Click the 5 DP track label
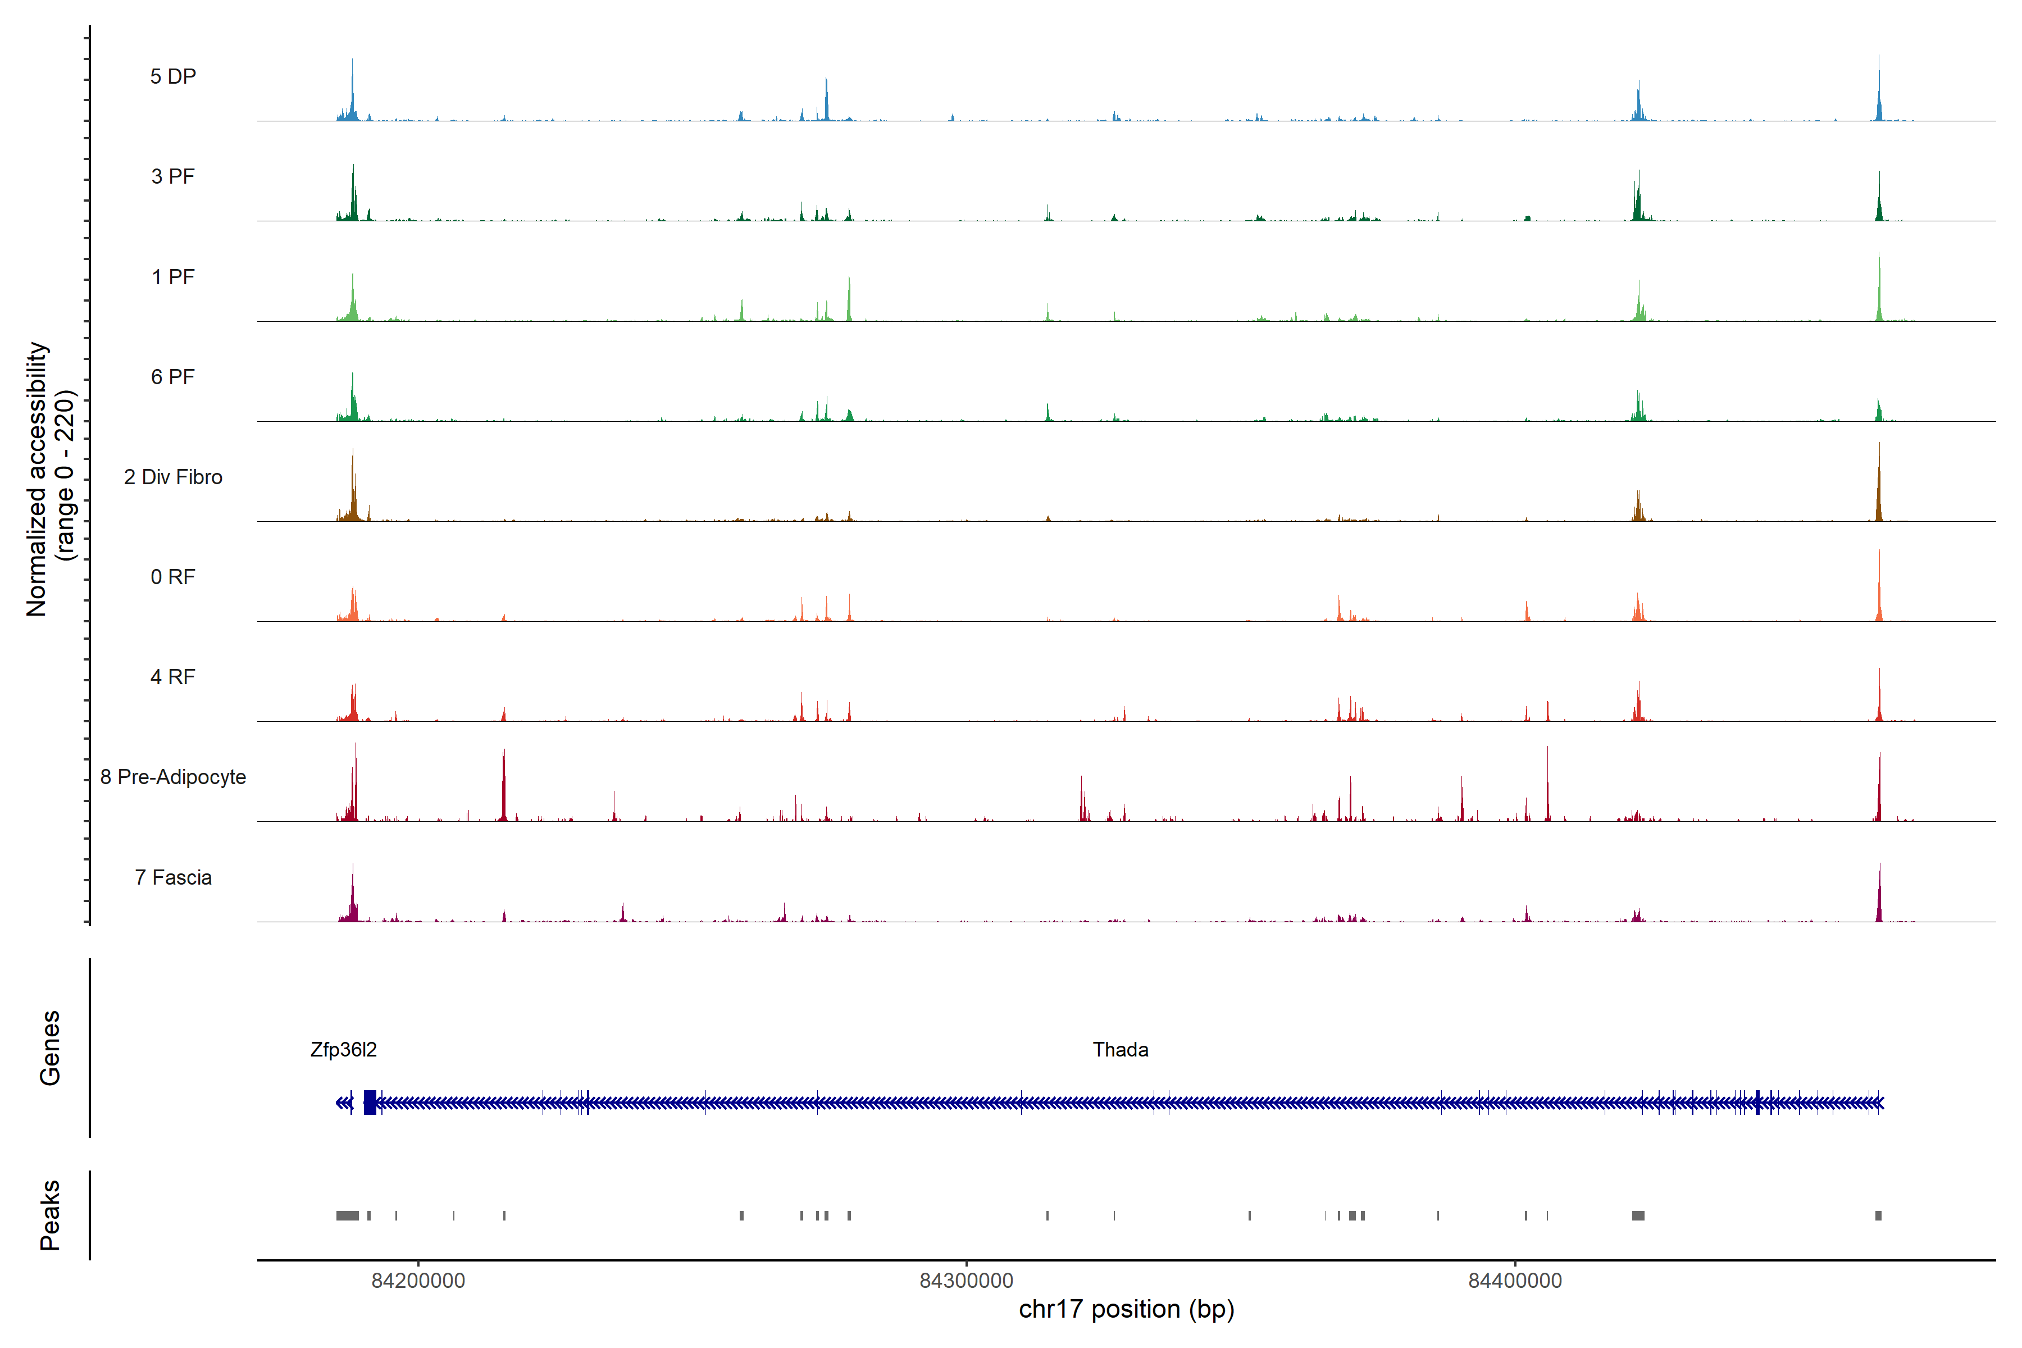click(x=173, y=76)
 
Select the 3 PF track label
click(x=173, y=176)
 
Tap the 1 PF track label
click(x=173, y=277)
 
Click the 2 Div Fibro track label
click(x=173, y=477)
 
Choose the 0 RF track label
click(x=173, y=577)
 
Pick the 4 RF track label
click(x=173, y=677)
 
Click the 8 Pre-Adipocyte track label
click(x=173, y=777)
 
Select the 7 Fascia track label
click(x=173, y=877)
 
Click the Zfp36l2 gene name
click(x=343, y=1050)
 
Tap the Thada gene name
click(x=1120, y=1050)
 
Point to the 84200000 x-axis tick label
click(x=418, y=1281)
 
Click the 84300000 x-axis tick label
click(x=966, y=1281)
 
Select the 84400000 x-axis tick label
click(x=1515, y=1281)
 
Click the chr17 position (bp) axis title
click(x=1126, y=1309)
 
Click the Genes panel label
click(x=50, y=1048)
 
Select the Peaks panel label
click(x=50, y=1215)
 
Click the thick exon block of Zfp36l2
click(x=370, y=1102)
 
